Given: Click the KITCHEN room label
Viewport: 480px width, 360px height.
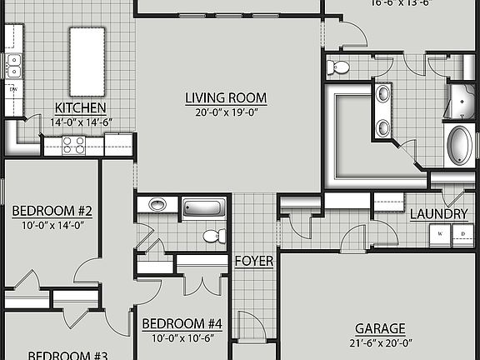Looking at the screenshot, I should [x=80, y=107].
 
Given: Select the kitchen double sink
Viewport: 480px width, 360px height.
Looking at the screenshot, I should [x=14, y=60].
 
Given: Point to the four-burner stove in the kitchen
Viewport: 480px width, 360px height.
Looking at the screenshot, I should [x=73, y=145].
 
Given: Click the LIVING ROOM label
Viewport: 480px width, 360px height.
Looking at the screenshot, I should [x=219, y=97].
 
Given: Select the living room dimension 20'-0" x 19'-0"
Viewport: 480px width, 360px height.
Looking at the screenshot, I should [x=219, y=112].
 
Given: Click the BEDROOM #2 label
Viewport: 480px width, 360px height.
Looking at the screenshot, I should [x=52, y=212].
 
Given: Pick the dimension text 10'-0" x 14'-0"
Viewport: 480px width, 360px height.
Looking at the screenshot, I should [x=52, y=226].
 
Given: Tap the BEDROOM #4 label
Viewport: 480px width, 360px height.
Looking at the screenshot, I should [x=182, y=323].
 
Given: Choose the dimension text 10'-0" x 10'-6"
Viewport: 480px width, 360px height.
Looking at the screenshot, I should [x=182, y=337].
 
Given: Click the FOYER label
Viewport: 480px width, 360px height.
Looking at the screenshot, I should [x=254, y=261].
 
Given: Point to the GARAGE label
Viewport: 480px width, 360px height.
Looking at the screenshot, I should [x=380, y=328].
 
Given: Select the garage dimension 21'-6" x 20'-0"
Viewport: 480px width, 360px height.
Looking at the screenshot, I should [x=380, y=342].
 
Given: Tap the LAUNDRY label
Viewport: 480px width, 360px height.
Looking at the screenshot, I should [x=438, y=214].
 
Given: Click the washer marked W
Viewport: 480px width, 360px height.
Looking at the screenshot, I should [x=439, y=236].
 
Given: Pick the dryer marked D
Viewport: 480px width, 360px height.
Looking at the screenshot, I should [x=462, y=236].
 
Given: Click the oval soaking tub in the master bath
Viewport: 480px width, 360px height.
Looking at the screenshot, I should [x=459, y=145].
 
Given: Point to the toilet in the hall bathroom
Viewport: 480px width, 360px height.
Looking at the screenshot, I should [x=212, y=236].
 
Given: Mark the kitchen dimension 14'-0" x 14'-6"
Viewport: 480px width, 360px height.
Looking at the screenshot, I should [x=80, y=122].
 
